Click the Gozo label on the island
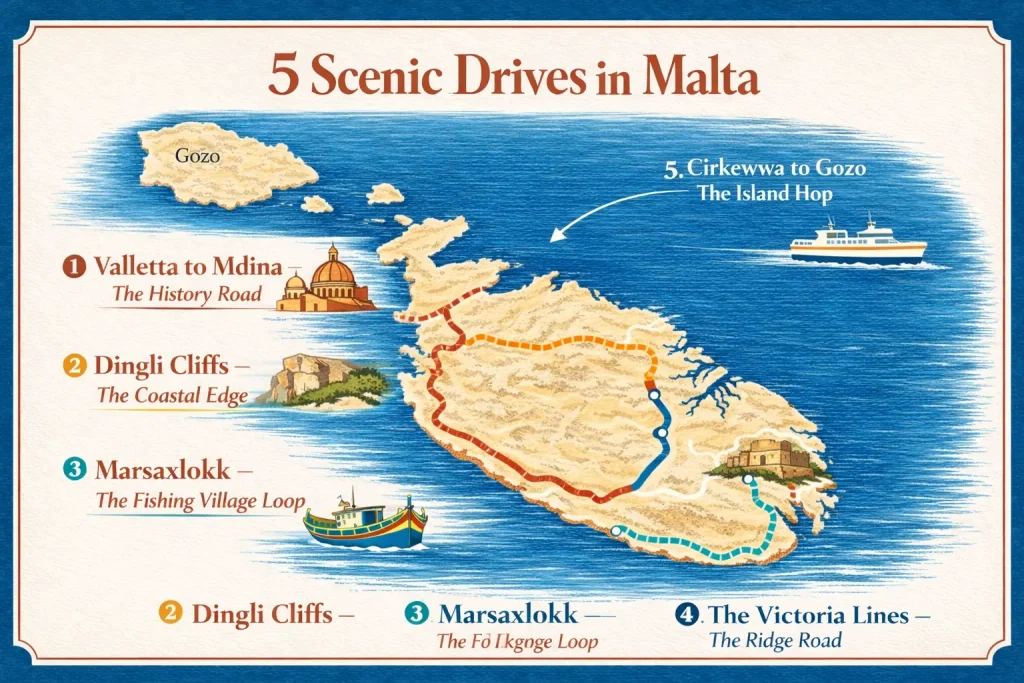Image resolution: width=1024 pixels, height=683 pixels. pyautogui.click(x=196, y=156)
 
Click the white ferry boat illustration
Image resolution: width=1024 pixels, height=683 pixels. pyautogui.click(x=858, y=241)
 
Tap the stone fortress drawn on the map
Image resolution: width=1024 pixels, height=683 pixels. pyautogui.click(x=765, y=458)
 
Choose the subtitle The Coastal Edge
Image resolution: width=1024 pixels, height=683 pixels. pyautogui.click(x=172, y=395)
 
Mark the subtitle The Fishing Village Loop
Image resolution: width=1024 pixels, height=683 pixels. pyautogui.click(x=199, y=501)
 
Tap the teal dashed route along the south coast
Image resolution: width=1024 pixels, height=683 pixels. pyautogui.click(x=700, y=546)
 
